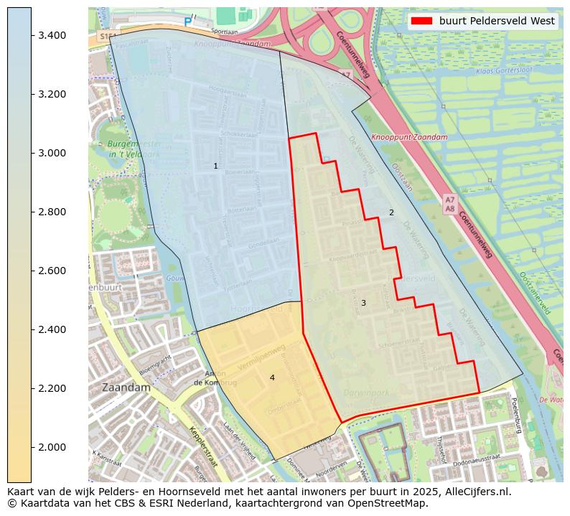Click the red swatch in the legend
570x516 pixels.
click(422, 21)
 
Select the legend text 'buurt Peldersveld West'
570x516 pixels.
click(497, 21)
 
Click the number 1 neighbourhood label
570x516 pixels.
click(215, 166)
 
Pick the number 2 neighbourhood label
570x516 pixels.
click(391, 212)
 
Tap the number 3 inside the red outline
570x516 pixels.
click(363, 303)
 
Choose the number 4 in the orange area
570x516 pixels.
click(272, 377)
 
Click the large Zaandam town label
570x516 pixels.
click(126, 387)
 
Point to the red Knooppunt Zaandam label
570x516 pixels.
click(409, 137)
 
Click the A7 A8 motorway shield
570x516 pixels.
click(449, 204)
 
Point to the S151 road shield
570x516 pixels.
click(108, 35)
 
